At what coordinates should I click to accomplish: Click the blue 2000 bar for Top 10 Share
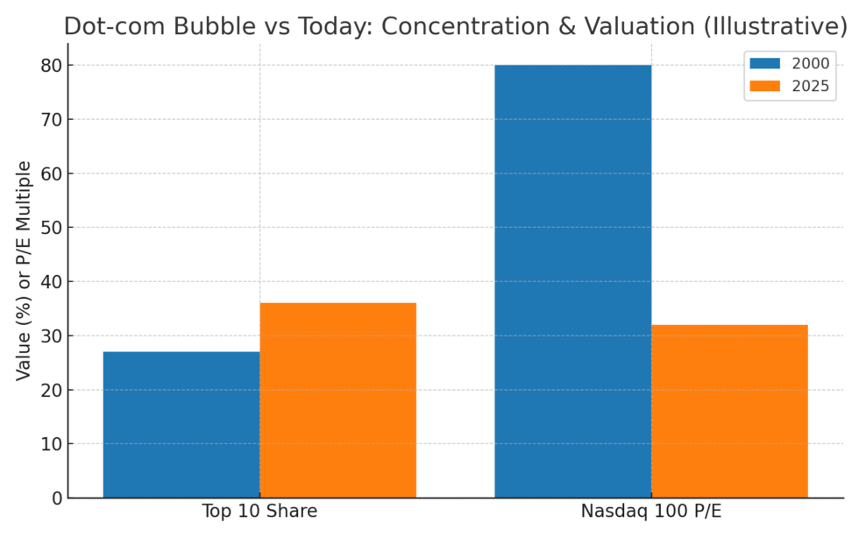[x=181, y=425]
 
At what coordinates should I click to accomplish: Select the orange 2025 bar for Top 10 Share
[x=337, y=400]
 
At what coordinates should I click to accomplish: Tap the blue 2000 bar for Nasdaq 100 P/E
[x=572, y=281]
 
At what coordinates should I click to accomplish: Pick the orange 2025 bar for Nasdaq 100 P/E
[x=729, y=411]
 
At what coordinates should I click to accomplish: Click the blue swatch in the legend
[x=764, y=63]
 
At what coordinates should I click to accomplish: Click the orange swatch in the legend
[x=764, y=86]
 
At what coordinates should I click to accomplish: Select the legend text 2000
[x=810, y=63]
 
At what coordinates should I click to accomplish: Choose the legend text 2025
[x=810, y=86]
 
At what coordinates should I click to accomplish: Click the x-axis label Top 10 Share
[x=259, y=512]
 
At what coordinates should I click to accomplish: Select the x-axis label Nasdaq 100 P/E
[x=650, y=512]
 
